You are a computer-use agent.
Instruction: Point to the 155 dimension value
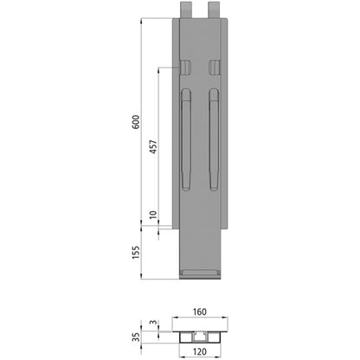134,254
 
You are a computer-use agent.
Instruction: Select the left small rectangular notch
185,67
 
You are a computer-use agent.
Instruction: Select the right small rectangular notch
213,67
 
